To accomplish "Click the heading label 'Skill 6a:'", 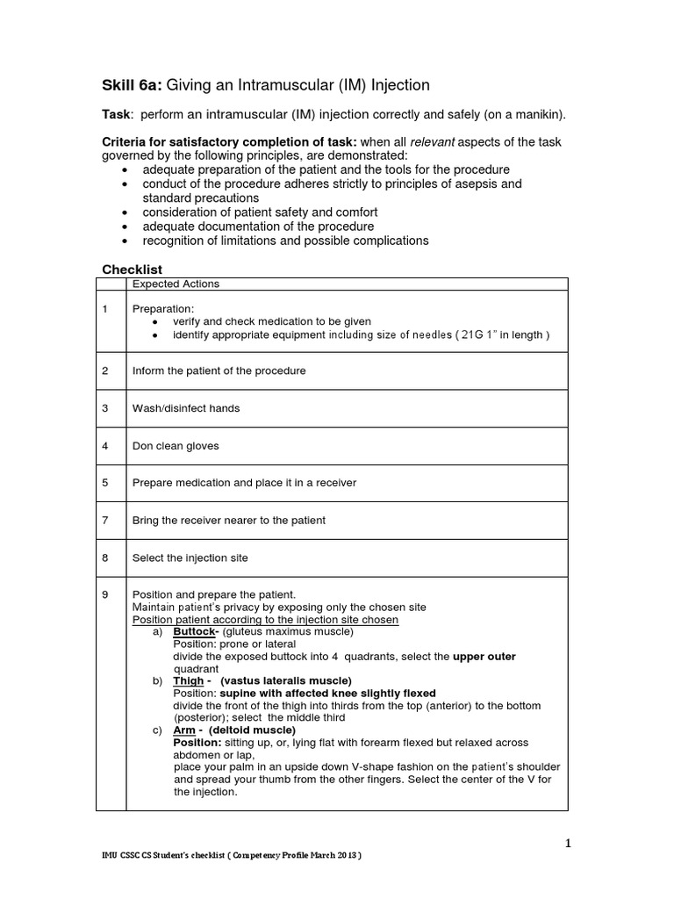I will [133, 85].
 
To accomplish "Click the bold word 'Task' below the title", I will [117, 115].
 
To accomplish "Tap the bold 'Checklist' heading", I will [133, 269].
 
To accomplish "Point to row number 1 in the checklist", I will [105, 309].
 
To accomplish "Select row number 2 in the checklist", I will [105, 370].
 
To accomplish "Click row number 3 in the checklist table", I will [105, 408].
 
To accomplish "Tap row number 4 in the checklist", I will [105, 446].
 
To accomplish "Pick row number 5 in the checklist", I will [105, 483].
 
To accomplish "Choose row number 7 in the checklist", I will [105, 521].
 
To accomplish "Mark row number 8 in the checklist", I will [105, 557].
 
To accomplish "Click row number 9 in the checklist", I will [105, 594].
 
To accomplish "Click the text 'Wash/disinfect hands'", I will [185, 408].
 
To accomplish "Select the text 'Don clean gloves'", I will [176, 446].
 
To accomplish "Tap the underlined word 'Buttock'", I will [194, 631].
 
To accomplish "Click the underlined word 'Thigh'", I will [189, 680].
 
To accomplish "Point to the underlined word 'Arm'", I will [184, 730].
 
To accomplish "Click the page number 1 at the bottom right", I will [568, 844].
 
